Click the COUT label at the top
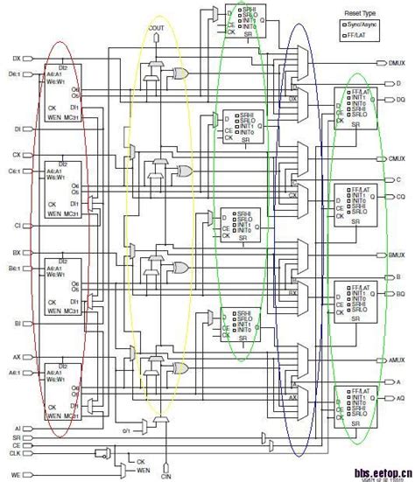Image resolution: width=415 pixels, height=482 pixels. pos(157,29)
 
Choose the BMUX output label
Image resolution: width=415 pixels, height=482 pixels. pos(396,255)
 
